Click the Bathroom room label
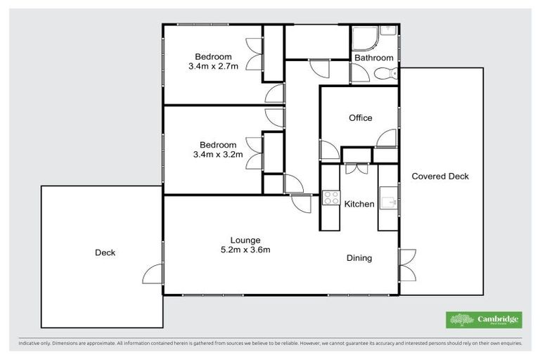pos(373,58)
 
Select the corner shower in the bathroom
pos(364,38)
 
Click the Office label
pos(360,118)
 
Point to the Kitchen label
pos(359,204)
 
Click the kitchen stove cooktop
pos(331,198)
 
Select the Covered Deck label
pos(439,176)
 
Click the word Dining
pos(359,258)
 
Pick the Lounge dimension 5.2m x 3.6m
pos(245,250)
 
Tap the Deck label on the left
pos(105,252)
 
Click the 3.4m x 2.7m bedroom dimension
pos(214,67)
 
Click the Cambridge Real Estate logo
pos(484,320)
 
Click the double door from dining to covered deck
pos(404,265)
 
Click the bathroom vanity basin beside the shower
pos(387,32)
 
